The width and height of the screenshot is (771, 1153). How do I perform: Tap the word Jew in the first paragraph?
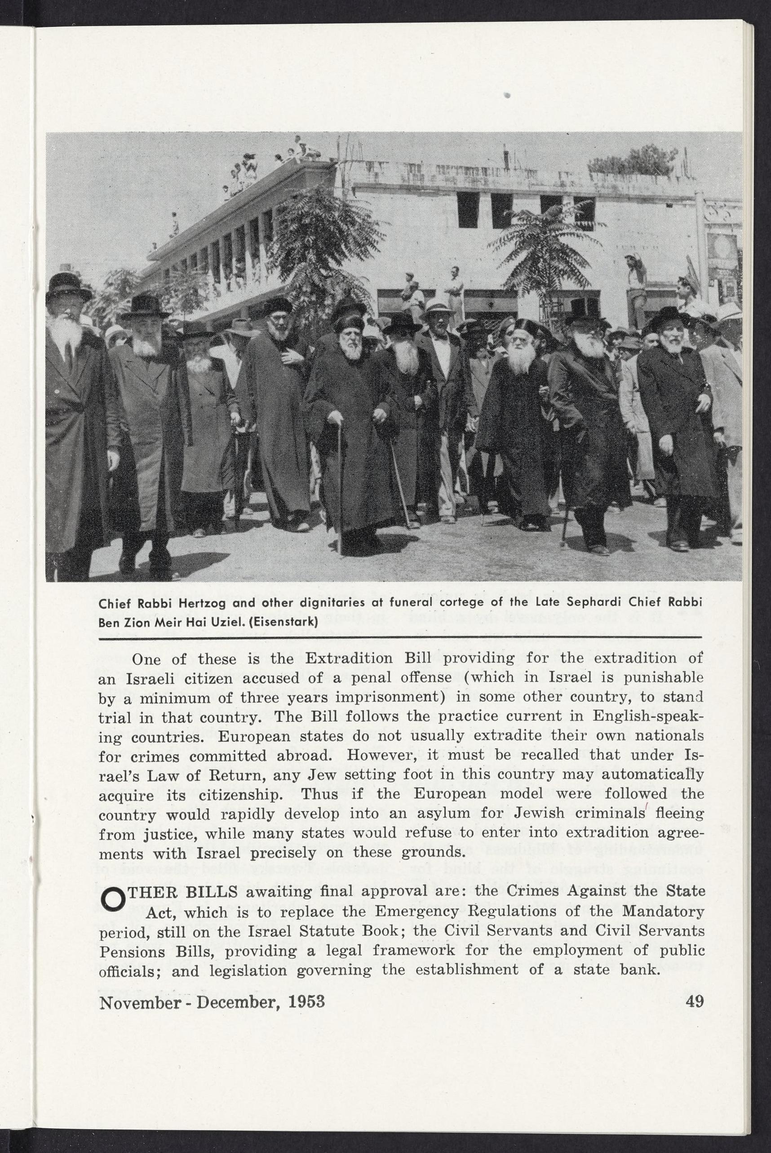pyautogui.click(x=322, y=775)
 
